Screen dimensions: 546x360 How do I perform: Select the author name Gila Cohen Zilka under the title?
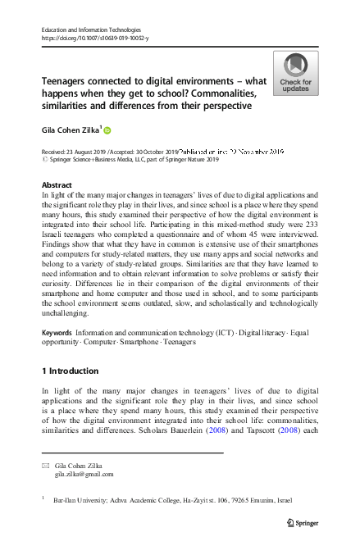(71, 130)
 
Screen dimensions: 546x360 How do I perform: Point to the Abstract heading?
(57, 185)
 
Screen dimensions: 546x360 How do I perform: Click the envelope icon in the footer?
(45, 466)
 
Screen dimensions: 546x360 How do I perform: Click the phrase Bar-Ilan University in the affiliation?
(79, 498)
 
